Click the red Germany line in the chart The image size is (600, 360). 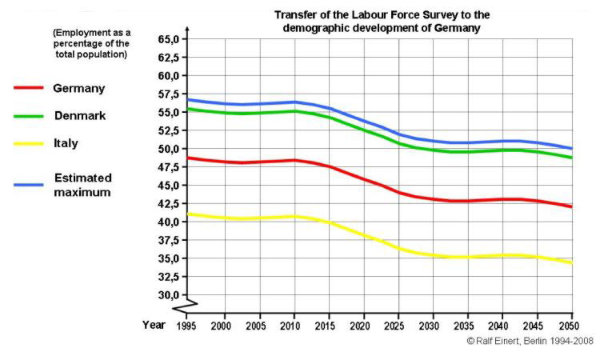(360, 178)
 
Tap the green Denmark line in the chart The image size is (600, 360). (360, 129)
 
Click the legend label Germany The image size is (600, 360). (79, 88)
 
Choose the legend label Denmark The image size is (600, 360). (80, 115)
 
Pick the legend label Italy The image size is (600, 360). (66, 143)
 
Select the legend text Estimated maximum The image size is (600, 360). (82, 185)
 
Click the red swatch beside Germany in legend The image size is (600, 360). (28, 88)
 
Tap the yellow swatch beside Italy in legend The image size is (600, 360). (28, 144)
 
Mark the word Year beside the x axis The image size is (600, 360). (154, 325)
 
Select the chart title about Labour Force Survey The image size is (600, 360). (382, 21)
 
